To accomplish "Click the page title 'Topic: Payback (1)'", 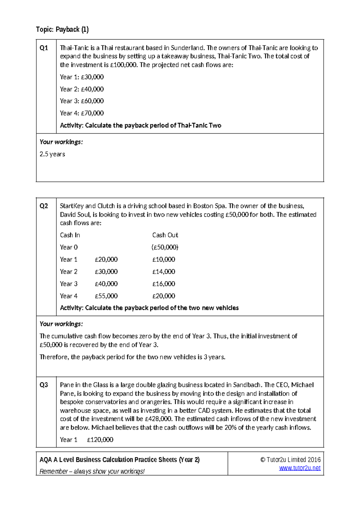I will [x=62, y=29].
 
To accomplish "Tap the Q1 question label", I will [x=44, y=48].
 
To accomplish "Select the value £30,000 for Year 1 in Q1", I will [x=92, y=77].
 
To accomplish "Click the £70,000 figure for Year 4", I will [x=92, y=113].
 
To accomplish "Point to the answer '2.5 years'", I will [x=52, y=154].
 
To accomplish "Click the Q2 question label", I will [x=44, y=206].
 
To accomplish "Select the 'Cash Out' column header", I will [x=165, y=235].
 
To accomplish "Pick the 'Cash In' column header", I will [x=70, y=235].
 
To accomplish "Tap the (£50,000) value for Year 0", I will [x=165, y=247].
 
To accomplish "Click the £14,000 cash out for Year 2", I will [x=163, y=272].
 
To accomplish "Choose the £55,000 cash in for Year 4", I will [x=106, y=296].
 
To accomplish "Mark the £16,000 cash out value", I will [x=163, y=284].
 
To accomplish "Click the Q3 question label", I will [x=44, y=385].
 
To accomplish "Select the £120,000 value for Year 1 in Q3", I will [x=100, y=440].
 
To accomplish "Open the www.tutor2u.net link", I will [x=300, y=468].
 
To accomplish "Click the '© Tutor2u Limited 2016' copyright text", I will [x=290, y=460].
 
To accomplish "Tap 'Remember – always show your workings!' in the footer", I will [x=92, y=471].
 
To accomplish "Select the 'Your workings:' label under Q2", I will [x=61, y=324].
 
